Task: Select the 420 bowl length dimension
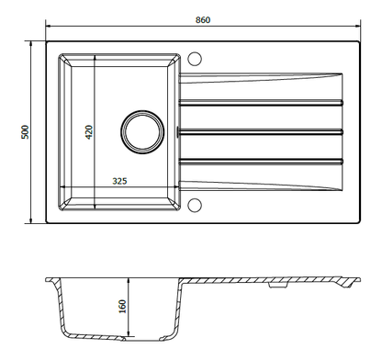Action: pyautogui.click(x=89, y=129)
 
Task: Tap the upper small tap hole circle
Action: pyautogui.click(x=195, y=60)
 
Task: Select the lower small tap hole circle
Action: pyautogui.click(x=195, y=204)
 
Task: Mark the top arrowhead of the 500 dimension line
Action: pyautogui.click(x=27, y=42)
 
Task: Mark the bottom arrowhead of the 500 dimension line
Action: pyautogui.click(x=27, y=221)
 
